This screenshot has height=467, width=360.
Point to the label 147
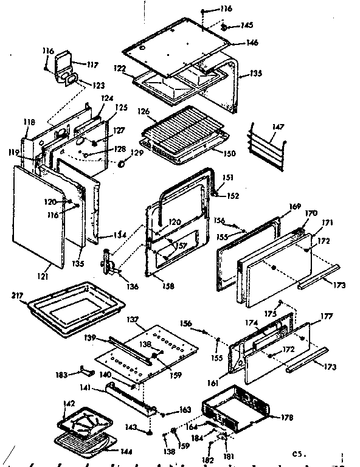click(277, 127)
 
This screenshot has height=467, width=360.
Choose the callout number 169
click(295, 207)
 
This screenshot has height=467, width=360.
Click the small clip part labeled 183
click(85, 371)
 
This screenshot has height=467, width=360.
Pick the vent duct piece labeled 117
click(64, 66)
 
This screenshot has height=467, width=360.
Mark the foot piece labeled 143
click(148, 432)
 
